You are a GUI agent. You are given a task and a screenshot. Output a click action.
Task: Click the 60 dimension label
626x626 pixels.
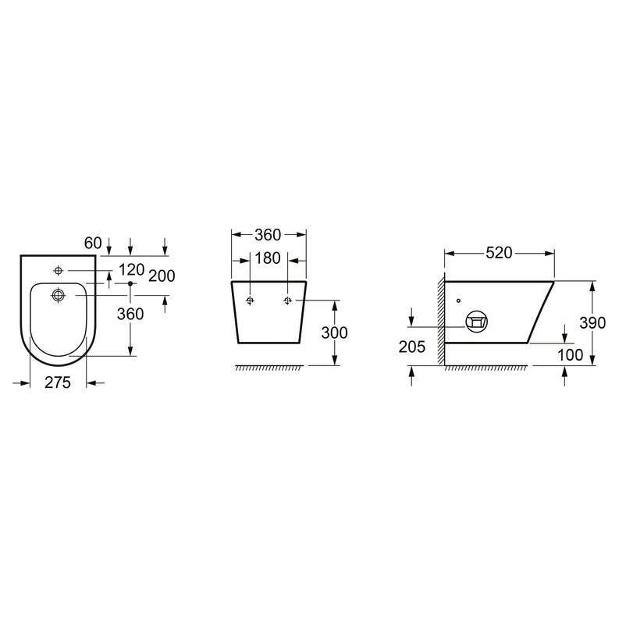[93, 243]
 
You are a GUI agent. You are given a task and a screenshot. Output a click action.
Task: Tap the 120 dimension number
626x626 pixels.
[131, 270]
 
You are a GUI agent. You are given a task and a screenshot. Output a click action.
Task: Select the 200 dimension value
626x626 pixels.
[162, 276]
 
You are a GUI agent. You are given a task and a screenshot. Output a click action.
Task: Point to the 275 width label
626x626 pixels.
[58, 382]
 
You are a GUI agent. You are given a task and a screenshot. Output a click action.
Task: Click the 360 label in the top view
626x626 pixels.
[130, 315]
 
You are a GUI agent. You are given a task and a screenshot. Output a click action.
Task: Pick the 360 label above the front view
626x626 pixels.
[268, 235]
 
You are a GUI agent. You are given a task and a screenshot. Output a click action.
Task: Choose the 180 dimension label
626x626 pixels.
[267, 258]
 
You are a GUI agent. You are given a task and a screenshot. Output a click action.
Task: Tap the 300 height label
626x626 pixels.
[334, 333]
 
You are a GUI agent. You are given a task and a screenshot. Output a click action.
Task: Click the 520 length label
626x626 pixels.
[499, 253]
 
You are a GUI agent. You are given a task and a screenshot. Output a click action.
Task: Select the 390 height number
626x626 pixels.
[592, 322]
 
